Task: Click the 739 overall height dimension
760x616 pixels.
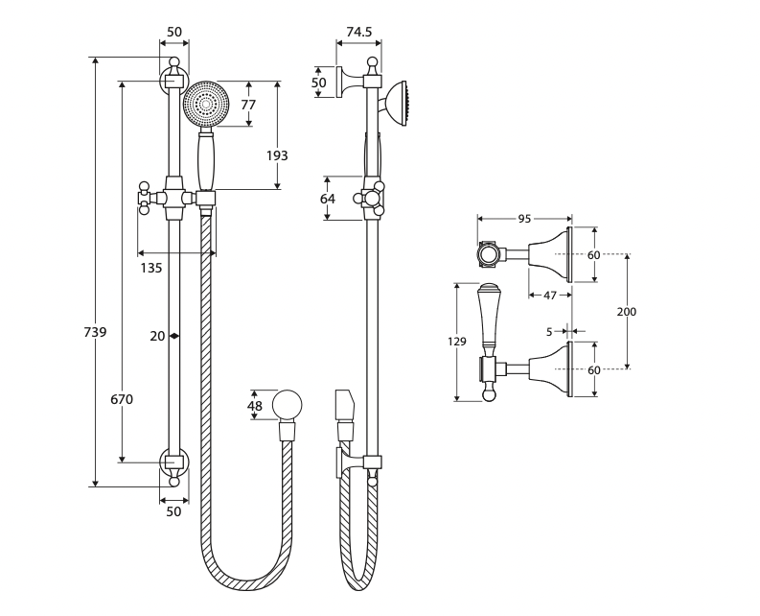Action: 95,332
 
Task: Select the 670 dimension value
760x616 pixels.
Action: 122,399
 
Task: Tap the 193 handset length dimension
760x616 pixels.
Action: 277,155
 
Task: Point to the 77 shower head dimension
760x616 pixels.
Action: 248,105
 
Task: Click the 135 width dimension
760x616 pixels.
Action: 151,268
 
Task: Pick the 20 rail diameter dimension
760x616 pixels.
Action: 158,336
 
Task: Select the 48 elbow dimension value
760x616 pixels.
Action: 254,406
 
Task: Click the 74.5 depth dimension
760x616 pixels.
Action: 358,32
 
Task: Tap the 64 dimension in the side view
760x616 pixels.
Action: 328,199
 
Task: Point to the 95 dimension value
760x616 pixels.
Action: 524,219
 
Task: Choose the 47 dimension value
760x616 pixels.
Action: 550,296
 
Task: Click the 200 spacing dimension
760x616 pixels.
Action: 627,312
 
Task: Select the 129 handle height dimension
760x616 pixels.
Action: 457,342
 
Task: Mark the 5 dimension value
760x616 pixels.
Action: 548,332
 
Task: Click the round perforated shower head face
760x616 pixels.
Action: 206,104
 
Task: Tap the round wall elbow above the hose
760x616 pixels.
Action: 288,405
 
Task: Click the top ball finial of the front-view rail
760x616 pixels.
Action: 174,63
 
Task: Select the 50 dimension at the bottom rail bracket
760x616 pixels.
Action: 173,511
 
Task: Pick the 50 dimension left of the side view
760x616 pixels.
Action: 319,83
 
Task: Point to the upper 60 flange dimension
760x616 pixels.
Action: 593,255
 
